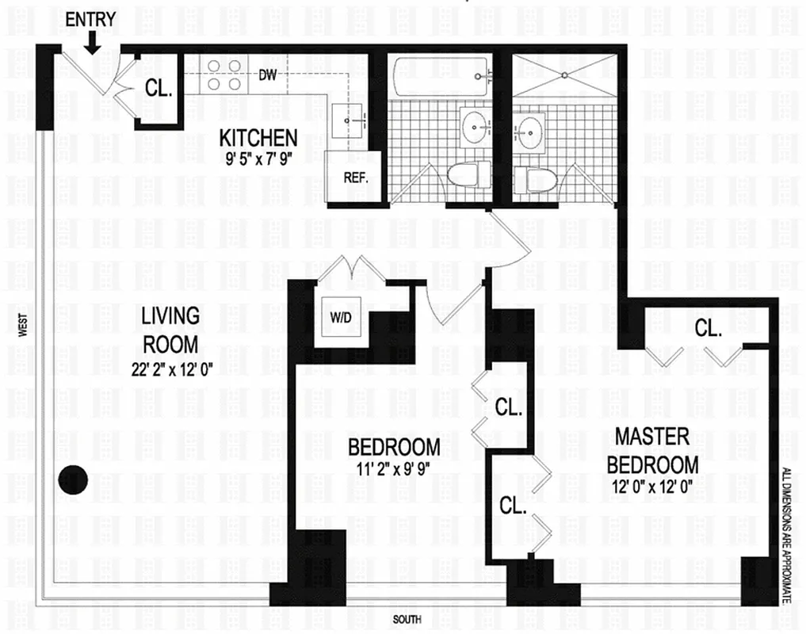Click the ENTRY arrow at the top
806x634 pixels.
tap(92, 42)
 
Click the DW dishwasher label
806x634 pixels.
tap(269, 76)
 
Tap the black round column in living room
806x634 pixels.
tap(73, 478)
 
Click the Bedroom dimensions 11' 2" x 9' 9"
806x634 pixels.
tap(393, 468)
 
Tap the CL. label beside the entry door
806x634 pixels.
tap(159, 89)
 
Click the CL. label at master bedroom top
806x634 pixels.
tap(708, 328)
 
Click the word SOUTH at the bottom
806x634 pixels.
tap(407, 619)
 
